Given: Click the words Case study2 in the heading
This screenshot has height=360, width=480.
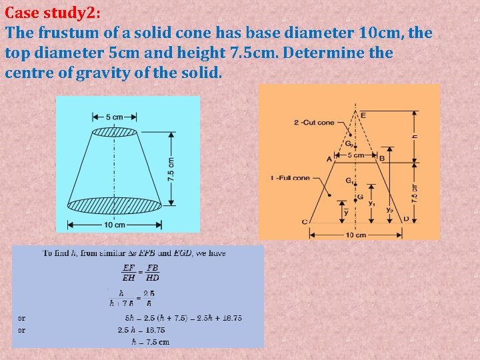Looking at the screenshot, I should (x=48, y=13).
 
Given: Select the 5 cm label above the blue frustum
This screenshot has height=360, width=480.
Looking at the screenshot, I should (x=113, y=117).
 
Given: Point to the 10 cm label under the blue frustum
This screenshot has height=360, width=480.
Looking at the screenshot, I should (x=115, y=225).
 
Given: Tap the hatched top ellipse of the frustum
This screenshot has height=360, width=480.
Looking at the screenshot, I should (x=113, y=132).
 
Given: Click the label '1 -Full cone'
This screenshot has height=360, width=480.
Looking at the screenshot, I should (x=290, y=179).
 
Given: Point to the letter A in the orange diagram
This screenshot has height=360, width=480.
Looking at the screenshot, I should (x=329, y=159).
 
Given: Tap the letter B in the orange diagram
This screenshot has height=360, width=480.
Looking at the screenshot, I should (x=382, y=159).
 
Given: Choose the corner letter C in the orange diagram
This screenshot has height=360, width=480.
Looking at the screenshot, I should (x=304, y=221).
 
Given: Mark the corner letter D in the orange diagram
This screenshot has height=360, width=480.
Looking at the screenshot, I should (x=406, y=219).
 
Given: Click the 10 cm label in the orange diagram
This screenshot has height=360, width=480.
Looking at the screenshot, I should (x=355, y=235).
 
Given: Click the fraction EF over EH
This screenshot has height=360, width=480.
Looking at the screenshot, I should (x=129, y=273).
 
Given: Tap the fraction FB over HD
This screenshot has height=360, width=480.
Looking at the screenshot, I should (x=153, y=273).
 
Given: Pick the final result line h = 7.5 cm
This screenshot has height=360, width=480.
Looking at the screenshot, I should (x=150, y=342).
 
